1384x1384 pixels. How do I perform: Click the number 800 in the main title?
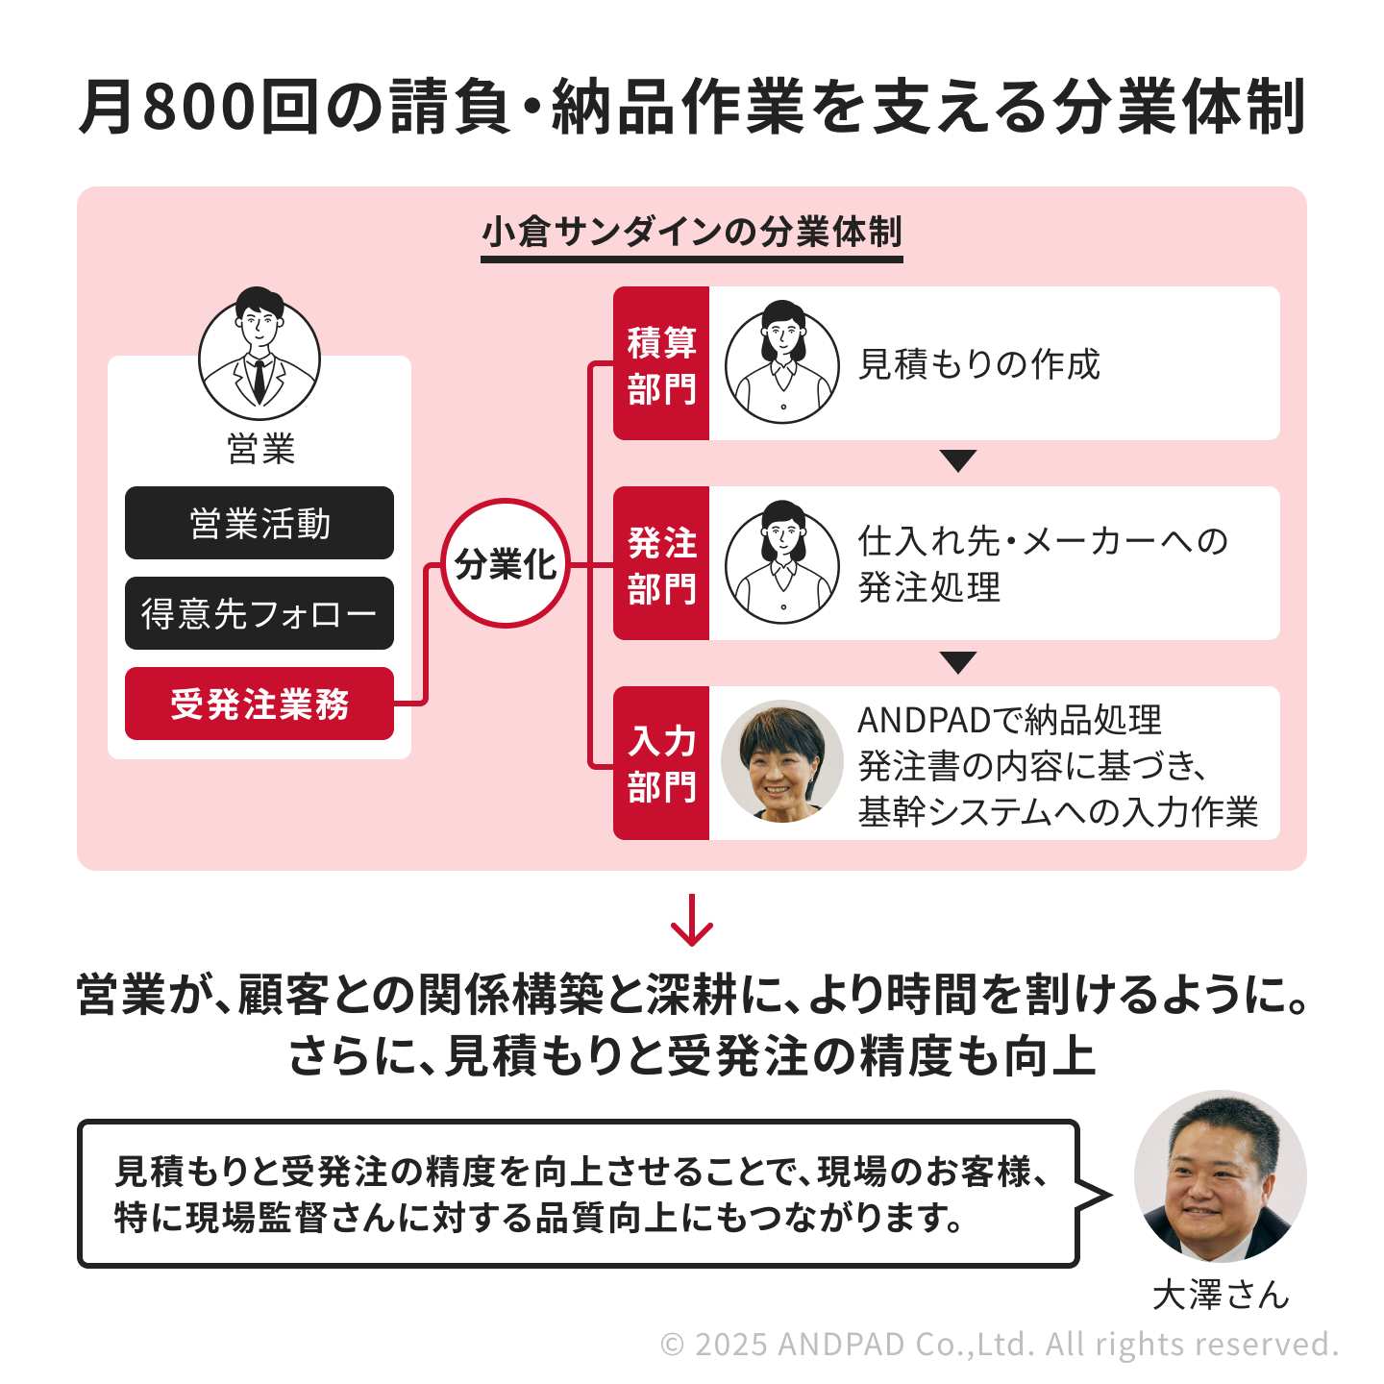[x=199, y=108]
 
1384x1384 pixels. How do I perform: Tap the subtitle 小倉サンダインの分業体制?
[x=692, y=232]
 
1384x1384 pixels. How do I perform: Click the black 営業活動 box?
[x=259, y=523]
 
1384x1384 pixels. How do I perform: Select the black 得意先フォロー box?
[x=259, y=613]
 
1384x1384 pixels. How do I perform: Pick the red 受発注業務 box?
[x=259, y=704]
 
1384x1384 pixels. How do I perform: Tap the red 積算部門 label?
[x=661, y=363]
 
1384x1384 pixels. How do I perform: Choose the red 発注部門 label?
[x=661, y=563]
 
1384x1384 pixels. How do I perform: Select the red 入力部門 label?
[x=661, y=763]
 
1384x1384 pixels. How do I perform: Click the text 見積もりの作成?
[x=979, y=364]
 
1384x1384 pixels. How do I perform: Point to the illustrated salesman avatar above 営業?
[x=259, y=354]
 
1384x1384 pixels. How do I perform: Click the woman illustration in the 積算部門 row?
[x=782, y=362]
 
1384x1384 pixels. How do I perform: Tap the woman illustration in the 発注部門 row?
[x=782, y=562]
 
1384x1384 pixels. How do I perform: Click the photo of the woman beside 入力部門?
[x=782, y=761]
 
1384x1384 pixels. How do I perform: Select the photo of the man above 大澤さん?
[x=1221, y=1176]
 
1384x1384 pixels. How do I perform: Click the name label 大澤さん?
[x=1221, y=1295]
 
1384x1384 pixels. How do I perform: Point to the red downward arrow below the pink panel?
[x=692, y=920]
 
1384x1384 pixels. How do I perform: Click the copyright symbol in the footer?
[x=672, y=1345]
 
